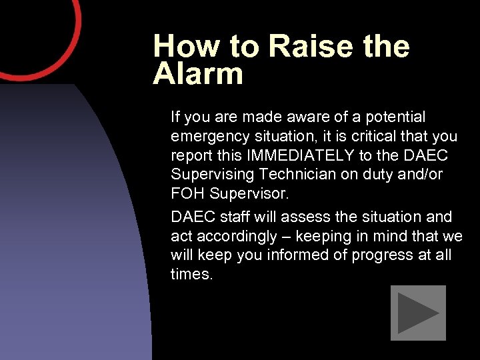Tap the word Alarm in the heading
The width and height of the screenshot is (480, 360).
198,74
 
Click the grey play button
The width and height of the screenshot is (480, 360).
417,313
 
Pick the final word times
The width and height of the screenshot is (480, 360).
191,274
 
